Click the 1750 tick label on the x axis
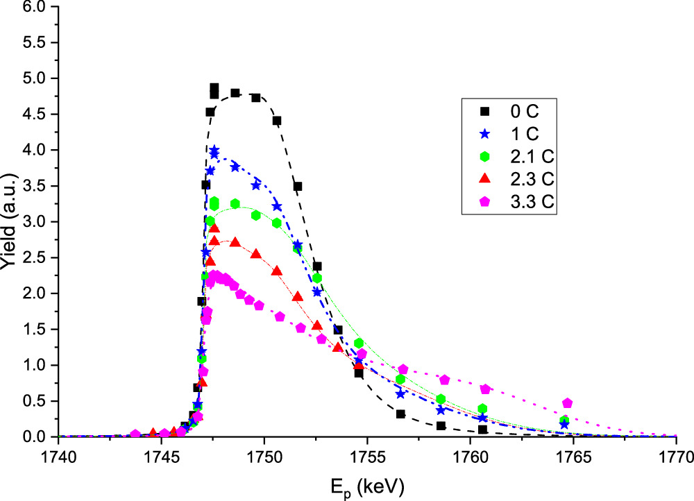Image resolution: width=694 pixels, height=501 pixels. (264, 458)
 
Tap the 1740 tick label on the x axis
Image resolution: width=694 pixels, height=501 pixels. (58, 458)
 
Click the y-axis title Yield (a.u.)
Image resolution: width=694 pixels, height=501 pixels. (10, 222)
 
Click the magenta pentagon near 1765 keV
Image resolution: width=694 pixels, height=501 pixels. (567, 403)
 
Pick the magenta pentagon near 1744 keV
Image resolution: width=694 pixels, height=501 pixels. (135, 434)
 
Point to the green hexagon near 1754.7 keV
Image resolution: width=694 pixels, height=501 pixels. (359, 343)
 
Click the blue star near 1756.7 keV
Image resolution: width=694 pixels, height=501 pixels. (400, 393)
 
